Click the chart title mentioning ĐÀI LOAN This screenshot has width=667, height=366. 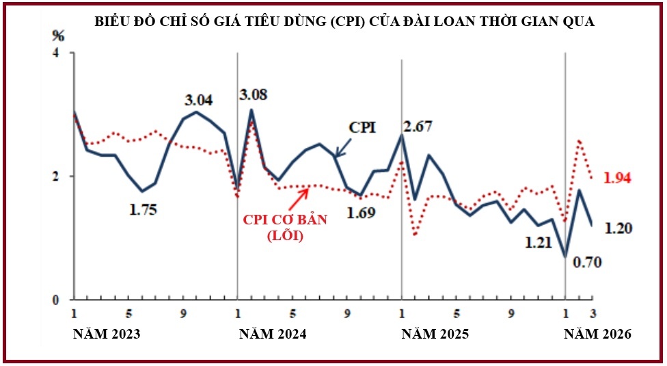coord(344,23)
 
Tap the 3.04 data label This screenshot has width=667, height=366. coord(199,100)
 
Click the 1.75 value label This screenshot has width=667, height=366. coord(144,210)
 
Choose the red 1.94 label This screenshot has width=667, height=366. coord(617,178)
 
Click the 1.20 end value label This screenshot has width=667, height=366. coord(620,228)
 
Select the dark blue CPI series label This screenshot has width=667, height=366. coord(362,127)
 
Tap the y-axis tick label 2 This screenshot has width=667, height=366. coord(56,176)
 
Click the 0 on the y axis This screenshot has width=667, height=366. coord(56,300)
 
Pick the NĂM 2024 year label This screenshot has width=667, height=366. coord(271,335)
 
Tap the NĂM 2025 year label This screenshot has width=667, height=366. coord(435,335)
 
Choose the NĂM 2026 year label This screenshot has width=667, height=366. coord(597,335)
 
